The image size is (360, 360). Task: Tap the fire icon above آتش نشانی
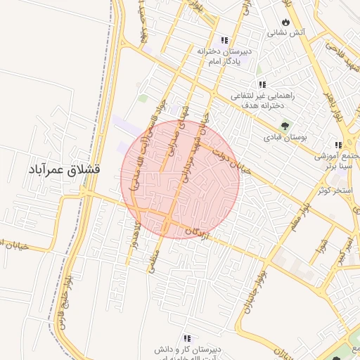(x=285, y=21)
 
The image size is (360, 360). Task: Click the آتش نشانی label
(x=285, y=32)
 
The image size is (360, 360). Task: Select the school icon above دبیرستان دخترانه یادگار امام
(x=224, y=40)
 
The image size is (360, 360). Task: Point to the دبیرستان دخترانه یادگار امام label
(x=224, y=56)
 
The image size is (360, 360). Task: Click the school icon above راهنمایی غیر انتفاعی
(x=262, y=84)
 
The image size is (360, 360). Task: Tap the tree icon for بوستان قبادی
(x=285, y=126)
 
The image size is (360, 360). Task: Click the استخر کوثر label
(x=333, y=190)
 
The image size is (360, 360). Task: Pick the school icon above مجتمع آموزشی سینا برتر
(x=338, y=146)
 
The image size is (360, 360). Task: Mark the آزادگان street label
(x=198, y=231)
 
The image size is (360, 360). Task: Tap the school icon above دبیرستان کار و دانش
(x=188, y=338)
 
